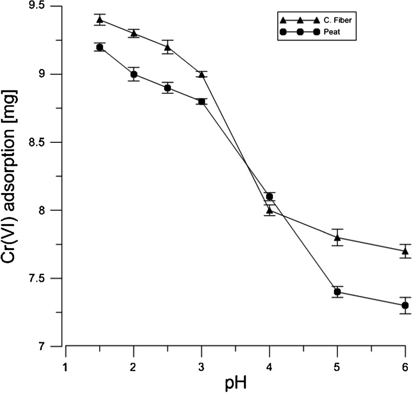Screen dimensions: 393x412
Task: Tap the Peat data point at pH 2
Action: [x=134, y=74]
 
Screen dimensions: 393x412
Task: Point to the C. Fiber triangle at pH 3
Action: [x=202, y=74]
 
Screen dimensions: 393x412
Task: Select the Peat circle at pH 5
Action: [x=337, y=292]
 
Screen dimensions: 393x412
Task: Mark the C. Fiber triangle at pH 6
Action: [x=405, y=251]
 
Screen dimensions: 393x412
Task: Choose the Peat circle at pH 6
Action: [x=405, y=305]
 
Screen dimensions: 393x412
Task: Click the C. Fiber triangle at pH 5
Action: [x=337, y=237]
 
